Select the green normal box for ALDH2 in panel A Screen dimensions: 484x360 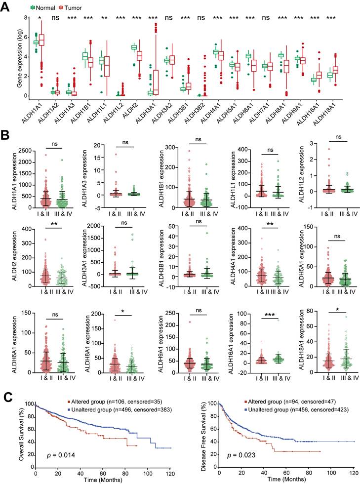pyautogui.click(x=134, y=47)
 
